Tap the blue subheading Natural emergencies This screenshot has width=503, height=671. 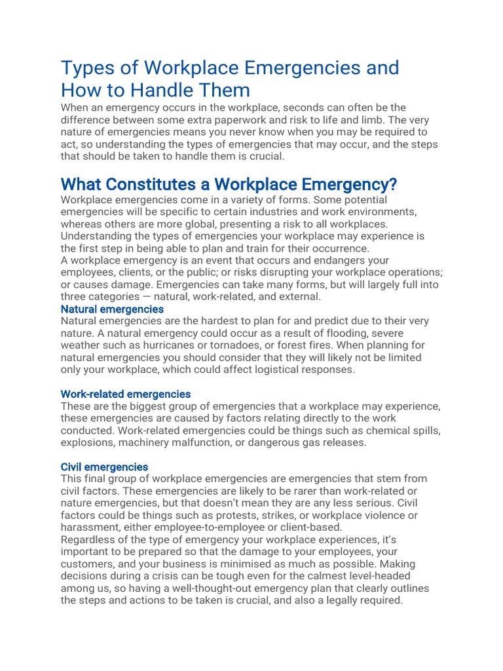[x=112, y=309]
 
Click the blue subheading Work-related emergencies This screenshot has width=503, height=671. [x=125, y=394]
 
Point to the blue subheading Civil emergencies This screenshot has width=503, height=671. [x=104, y=467]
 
